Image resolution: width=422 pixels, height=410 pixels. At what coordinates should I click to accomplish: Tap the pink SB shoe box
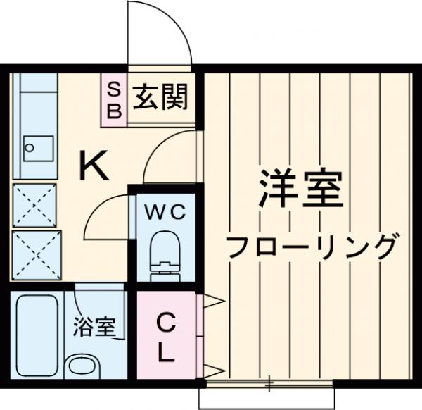(x=114, y=100)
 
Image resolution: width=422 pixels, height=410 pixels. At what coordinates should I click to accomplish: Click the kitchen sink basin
(x=35, y=148)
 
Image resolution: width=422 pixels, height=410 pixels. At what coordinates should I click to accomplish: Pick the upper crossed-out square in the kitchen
(x=35, y=204)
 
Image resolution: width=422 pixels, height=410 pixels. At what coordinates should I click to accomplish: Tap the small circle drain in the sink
(x=29, y=148)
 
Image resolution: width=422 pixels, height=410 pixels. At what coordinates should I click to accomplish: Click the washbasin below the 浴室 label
(x=84, y=368)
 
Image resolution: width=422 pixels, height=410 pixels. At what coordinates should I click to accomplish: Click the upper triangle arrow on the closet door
(x=214, y=303)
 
